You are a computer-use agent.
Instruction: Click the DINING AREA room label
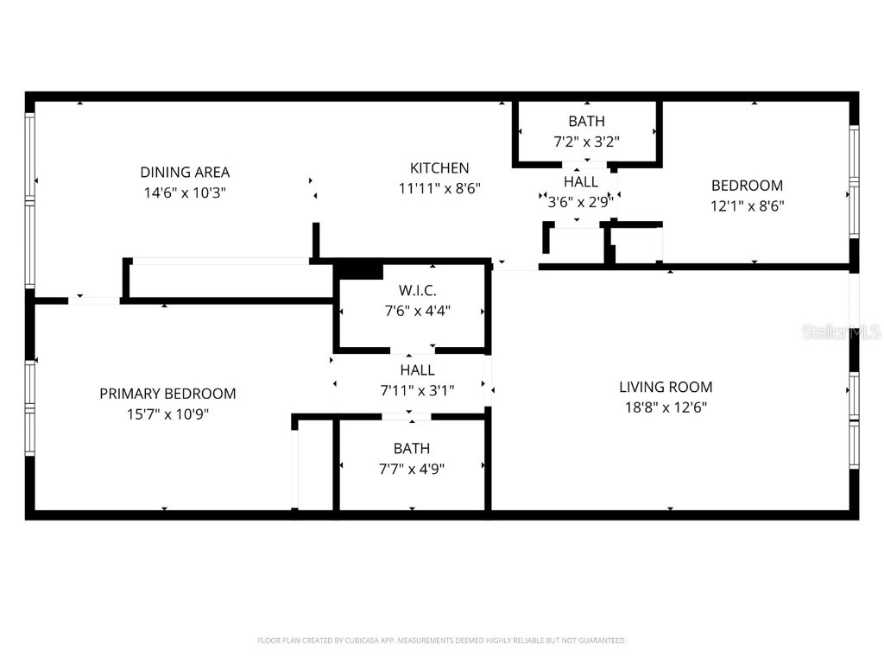point(185,172)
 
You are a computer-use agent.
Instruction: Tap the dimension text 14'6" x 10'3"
point(185,193)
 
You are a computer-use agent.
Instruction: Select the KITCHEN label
point(439,167)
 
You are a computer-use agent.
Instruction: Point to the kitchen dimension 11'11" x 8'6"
point(439,187)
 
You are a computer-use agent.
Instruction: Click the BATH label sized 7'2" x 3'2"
point(586,121)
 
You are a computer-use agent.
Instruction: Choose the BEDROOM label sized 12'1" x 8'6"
point(747,185)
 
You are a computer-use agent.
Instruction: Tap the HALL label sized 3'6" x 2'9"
point(581,182)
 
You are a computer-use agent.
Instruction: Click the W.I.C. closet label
point(417,289)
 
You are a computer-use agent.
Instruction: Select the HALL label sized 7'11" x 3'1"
point(417,369)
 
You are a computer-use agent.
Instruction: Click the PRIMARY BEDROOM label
point(167,394)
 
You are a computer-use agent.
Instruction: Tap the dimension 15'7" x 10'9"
point(167,414)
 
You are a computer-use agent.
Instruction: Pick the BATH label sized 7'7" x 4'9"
point(411,449)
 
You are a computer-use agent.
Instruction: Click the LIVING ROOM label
point(666,387)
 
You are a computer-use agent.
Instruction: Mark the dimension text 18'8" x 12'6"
point(666,407)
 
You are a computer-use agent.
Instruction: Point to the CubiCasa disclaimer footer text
point(442,641)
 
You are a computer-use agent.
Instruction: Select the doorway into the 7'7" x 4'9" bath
point(407,417)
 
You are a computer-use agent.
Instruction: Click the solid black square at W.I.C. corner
point(358,270)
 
